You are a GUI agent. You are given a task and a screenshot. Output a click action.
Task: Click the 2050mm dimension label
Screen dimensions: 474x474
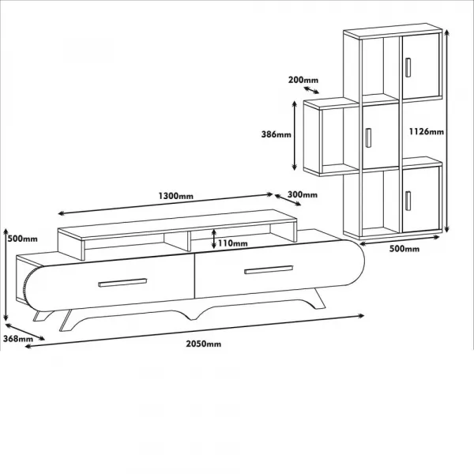point(204,344)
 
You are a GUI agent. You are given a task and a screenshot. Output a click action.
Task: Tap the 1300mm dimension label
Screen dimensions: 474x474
point(176,196)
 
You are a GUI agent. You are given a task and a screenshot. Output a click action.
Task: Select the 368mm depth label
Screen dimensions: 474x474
point(18,339)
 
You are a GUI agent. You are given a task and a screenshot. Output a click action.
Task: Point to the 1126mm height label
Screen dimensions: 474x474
point(427,131)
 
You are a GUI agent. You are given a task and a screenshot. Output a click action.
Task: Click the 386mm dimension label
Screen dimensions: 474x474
point(276,134)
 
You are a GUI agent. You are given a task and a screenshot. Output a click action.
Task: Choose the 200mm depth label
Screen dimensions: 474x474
point(303,80)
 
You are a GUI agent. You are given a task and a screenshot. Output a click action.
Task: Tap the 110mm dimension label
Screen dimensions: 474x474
point(233,243)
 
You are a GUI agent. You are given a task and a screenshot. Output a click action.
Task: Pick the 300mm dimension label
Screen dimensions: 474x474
point(303,194)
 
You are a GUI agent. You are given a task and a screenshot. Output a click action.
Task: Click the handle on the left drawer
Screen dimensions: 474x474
point(122,283)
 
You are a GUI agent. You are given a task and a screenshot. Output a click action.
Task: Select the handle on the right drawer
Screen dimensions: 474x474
point(269,269)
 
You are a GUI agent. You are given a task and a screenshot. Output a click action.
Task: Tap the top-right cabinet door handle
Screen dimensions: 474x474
point(408,67)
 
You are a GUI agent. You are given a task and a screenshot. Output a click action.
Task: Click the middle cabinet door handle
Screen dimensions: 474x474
point(368,137)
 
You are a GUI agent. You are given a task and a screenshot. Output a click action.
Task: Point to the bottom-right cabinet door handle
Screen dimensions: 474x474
point(408,201)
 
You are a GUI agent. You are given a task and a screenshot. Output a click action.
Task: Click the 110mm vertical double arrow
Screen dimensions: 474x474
point(214,239)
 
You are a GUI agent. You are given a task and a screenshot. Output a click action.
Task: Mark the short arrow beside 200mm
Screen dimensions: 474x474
point(311,90)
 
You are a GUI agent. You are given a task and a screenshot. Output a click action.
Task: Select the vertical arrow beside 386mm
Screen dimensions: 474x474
point(295,136)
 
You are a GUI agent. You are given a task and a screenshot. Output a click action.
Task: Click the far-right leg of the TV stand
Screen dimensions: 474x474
point(319,299)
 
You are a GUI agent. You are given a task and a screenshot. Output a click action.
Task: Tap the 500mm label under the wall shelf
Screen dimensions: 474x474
point(404,249)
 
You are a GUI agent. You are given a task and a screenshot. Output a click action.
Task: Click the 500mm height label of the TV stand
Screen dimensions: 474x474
point(23,239)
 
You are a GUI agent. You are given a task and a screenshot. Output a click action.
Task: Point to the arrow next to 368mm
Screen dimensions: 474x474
point(24,332)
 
